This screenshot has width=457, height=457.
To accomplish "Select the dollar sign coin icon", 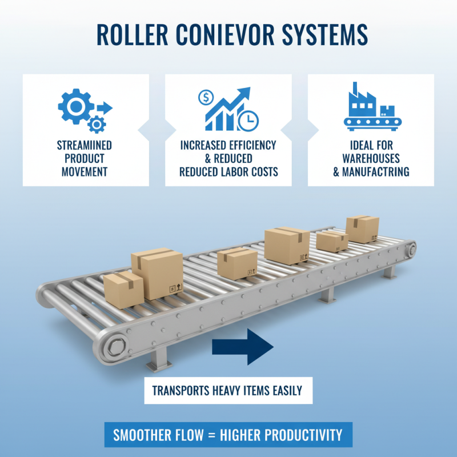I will [205, 98].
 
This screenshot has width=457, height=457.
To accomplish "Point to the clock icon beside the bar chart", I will [250, 120].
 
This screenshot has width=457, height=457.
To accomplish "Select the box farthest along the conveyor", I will [363, 229].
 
